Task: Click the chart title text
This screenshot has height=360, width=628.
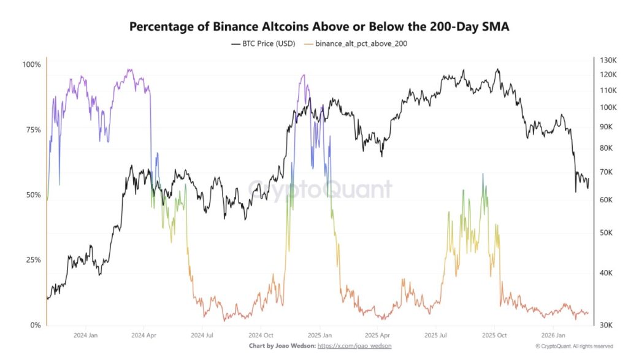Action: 319,27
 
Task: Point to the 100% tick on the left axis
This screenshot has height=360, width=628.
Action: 31,65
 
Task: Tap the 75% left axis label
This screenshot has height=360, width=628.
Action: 33,130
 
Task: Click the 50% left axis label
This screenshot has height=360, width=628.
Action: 33,195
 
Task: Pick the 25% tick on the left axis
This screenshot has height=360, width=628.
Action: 33,260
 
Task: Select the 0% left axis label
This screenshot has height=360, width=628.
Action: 35,325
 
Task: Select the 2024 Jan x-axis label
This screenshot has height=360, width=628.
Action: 85,335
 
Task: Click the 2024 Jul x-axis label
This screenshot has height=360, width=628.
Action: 202,335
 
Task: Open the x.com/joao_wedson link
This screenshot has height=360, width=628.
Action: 355,347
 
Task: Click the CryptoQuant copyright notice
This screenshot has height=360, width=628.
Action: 573,347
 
